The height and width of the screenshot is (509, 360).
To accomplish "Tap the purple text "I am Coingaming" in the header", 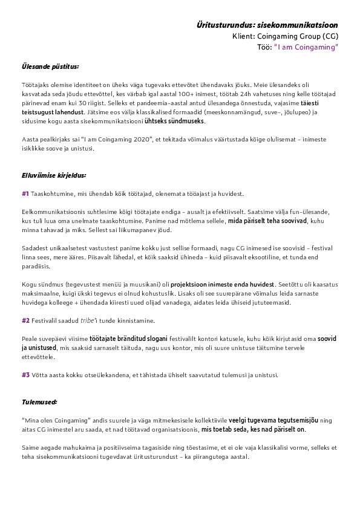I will pyautogui.click(x=306, y=47).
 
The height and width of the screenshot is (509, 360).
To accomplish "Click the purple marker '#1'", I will pyautogui.click(x=25, y=193).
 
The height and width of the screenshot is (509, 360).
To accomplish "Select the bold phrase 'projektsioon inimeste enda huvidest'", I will pyautogui.click(x=222, y=284).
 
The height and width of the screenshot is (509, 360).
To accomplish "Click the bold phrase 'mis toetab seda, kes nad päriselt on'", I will pyautogui.click(x=253, y=429).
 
